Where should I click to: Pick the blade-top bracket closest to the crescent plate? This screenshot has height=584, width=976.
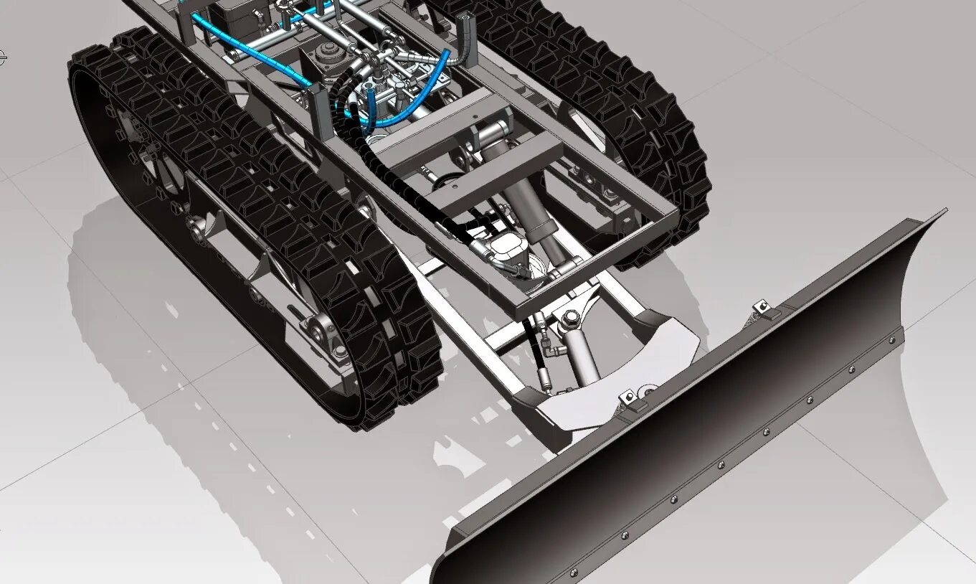coord(629,400)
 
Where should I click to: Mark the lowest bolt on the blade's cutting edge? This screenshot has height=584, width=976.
coord(573,572)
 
